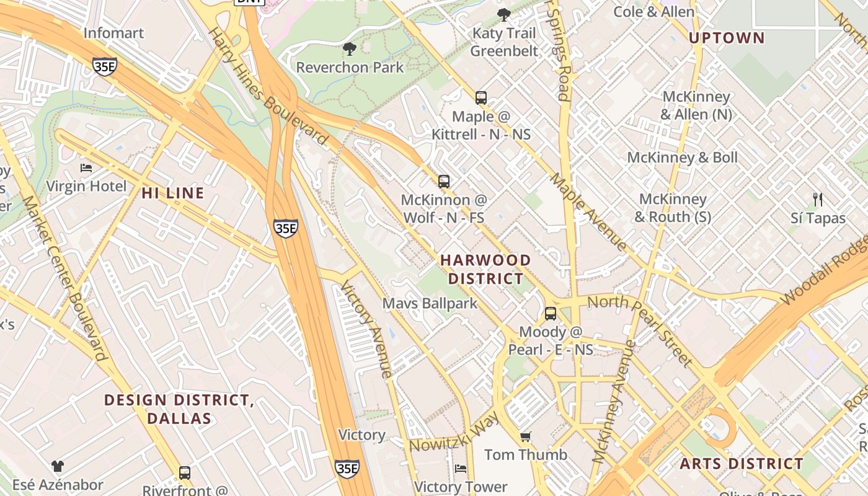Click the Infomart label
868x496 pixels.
[113, 33]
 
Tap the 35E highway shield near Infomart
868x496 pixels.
[104, 66]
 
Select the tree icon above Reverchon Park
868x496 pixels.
[350, 49]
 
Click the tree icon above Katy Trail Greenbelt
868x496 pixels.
[504, 14]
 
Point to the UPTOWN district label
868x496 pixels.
[727, 38]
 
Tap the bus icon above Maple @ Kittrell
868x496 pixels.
[481, 98]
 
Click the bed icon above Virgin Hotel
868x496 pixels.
[86, 168]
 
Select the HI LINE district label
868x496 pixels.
[173, 193]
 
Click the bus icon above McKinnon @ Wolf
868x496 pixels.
[444, 182]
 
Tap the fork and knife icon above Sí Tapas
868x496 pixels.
[818, 200]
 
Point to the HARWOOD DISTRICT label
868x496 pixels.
[486, 269]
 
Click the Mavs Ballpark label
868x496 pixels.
[430, 303]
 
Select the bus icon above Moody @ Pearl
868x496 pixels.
[551, 314]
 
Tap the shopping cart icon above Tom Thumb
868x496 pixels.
[526, 437]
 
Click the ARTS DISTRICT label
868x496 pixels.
[742, 464]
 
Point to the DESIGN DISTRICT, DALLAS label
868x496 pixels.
[179, 409]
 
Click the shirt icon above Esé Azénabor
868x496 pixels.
[58, 466]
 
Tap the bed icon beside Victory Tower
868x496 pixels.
[461, 469]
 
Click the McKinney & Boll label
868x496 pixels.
[683, 157]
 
